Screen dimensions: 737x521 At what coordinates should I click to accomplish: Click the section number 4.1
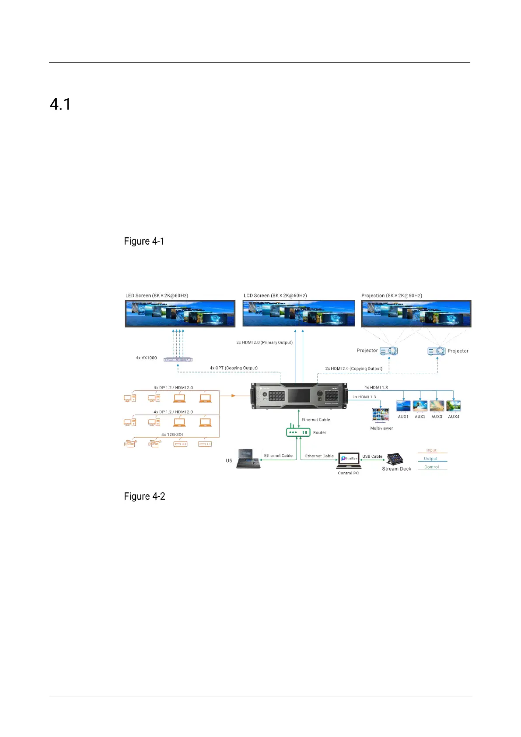coord(60,104)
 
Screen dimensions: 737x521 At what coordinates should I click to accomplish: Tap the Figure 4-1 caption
coord(144,241)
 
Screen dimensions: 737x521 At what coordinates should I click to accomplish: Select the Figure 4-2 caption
coord(144,496)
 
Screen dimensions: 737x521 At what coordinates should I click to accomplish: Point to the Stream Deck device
coord(395,459)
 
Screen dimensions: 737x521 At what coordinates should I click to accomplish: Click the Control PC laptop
coord(349,460)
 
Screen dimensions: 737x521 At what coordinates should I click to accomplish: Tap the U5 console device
coord(248,459)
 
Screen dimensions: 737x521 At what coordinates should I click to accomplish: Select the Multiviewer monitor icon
coord(380,415)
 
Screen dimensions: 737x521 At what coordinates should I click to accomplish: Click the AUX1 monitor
coord(403,407)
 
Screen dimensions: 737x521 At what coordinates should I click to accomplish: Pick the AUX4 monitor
coord(454,407)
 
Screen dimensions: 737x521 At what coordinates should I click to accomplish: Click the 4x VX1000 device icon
coord(178,360)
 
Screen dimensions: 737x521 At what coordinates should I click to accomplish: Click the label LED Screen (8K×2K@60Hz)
coord(157,295)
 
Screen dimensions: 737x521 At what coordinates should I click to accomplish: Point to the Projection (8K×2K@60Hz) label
coord(392,295)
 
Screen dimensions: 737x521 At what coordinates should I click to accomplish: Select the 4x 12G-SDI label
coord(172,435)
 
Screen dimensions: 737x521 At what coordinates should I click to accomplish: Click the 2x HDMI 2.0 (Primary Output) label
coord(264,342)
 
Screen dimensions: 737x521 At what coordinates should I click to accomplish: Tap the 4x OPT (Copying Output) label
coord(234,368)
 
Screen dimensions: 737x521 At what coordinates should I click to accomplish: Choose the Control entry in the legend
coord(431,467)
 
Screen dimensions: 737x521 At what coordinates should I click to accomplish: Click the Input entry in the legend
coord(431,450)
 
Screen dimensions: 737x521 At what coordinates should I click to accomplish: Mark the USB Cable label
coord(372,456)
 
